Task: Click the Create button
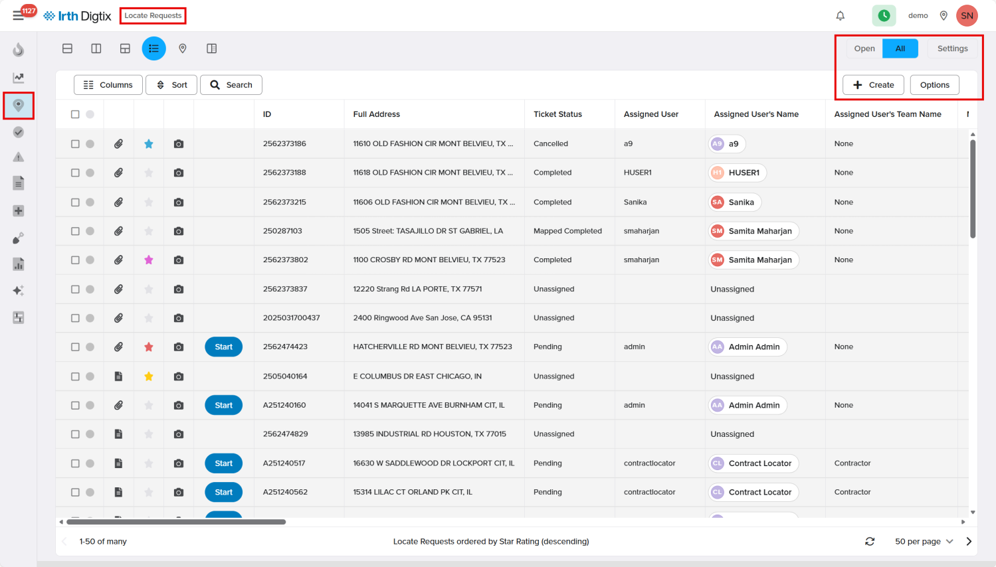(873, 85)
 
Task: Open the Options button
(934, 85)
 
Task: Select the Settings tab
(952, 48)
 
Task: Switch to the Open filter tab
(864, 48)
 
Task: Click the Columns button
(108, 85)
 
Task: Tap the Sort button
(171, 85)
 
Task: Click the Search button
(231, 85)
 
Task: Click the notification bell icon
(840, 16)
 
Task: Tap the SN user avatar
(967, 15)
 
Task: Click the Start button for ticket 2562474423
(223, 347)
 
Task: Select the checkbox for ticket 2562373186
(75, 144)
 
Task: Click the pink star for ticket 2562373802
(149, 260)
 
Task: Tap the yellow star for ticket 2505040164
(149, 376)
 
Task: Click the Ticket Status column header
(557, 114)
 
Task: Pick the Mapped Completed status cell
(567, 231)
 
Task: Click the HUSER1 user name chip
(737, 173)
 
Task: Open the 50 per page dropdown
(924, 541)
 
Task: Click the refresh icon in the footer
(870, 541)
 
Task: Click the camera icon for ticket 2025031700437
(178, 318)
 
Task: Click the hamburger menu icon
(18, 16)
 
